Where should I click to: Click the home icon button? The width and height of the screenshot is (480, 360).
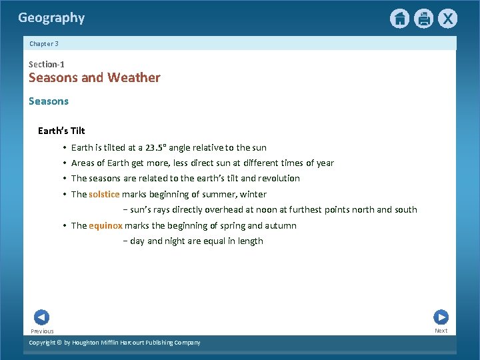point(399,19)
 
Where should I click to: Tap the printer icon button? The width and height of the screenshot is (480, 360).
point(423,19)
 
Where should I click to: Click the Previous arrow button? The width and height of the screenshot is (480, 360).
point(41,317)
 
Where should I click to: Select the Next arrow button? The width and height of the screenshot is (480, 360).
point(441,317)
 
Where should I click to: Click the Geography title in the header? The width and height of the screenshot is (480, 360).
point(51,18)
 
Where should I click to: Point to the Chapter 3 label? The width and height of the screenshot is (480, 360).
point(44,43)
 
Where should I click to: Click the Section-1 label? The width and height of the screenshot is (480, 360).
point(46,64)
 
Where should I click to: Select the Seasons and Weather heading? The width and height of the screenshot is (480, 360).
point(94,78)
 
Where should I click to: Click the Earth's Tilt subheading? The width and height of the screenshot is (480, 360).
point(61,131)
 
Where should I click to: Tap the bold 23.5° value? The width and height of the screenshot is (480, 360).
point(155,147)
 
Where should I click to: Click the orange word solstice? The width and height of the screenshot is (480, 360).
point(104,195)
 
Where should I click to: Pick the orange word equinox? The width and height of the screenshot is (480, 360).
point(105,225)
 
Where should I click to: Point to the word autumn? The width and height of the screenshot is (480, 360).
point(281,225)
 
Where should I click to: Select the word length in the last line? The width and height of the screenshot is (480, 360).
point(250,241)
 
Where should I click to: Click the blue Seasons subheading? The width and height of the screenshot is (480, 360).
point(48,101)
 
